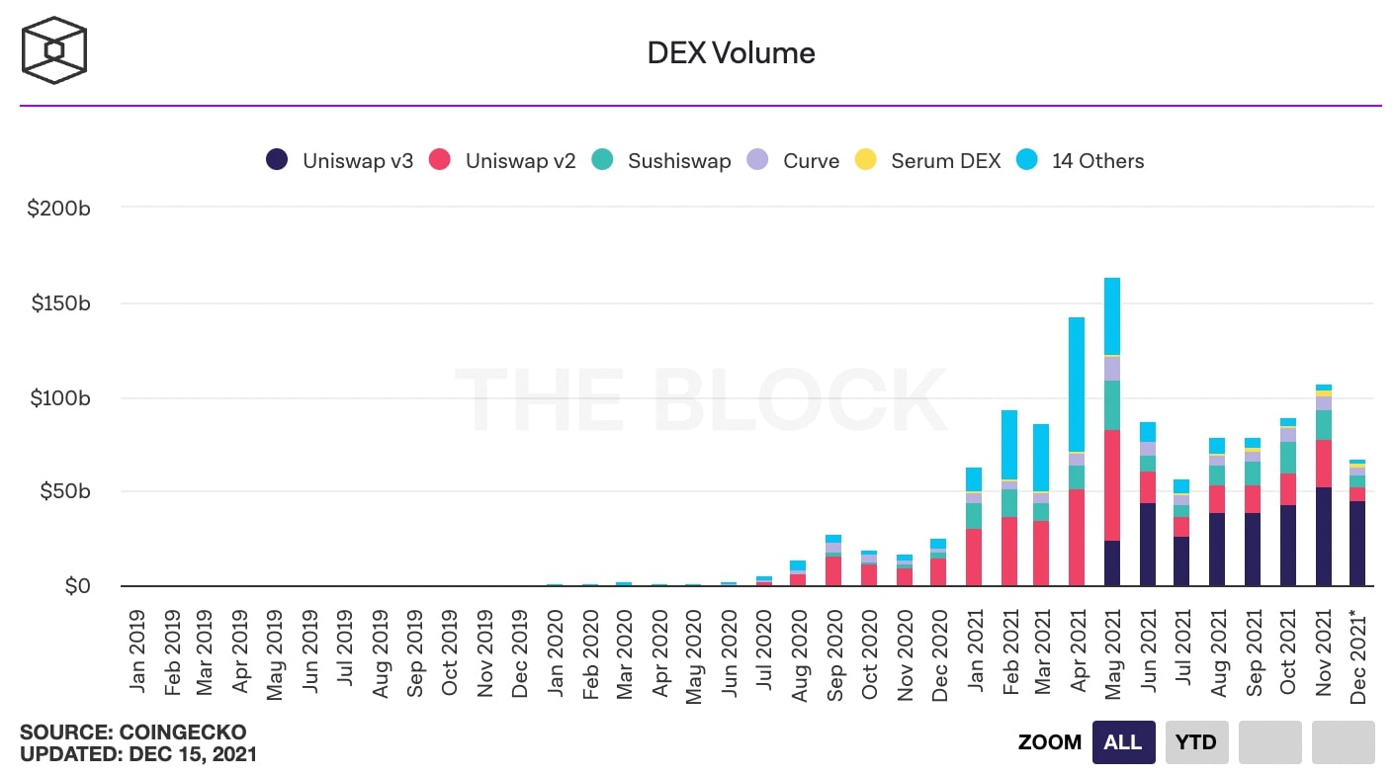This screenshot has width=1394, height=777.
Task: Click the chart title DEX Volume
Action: [x=731, y=52]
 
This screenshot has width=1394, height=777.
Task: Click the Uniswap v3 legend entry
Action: [x=340, y=160]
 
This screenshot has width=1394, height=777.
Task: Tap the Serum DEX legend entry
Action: [x=929, y=160]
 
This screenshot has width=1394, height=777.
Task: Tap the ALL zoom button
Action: [x=1122, y=741]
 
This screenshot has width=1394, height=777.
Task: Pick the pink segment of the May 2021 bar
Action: [x=1112, y=484]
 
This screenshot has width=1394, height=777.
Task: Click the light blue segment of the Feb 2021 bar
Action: [x=1008, y=445]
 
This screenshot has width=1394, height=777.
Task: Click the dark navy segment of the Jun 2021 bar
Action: [x=1147, y=544]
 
